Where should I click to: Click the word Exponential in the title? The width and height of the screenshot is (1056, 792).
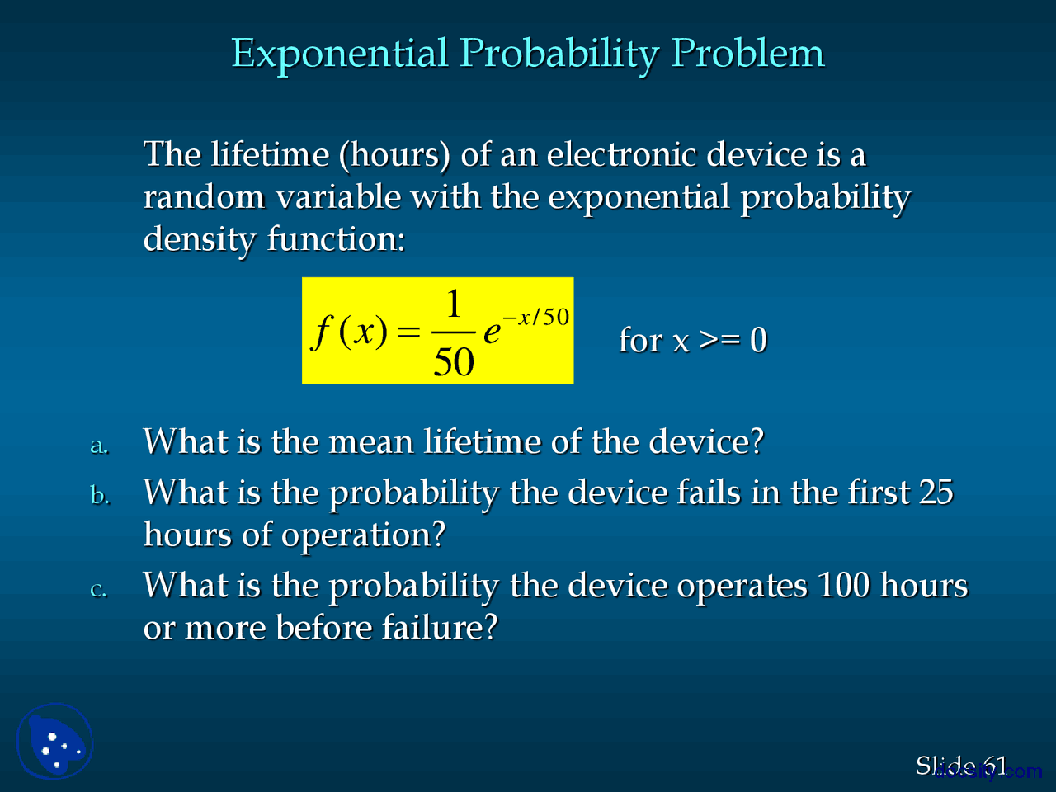click(x=339, y=54)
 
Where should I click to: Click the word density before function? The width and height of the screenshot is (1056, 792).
click(x=200, y=239)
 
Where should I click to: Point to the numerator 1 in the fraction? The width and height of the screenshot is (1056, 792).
click(x=453, y=304)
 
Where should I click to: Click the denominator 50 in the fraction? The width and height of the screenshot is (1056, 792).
click(x=454, y=361)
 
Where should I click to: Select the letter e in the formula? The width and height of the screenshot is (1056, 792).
click(x=492, y=332)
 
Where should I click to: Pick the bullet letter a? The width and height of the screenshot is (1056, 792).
click(x=98, y=445)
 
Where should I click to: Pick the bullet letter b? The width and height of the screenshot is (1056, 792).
click(x=99, y=495)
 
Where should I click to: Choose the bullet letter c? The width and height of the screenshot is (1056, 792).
click(x=98, y=589)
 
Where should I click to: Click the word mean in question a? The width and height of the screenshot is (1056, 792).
click(x=370, y=442)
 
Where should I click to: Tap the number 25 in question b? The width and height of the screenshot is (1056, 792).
click(x=936, y=493)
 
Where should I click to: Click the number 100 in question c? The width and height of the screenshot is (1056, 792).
click(x=843, y=586)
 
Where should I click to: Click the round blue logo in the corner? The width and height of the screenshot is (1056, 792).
click(x=55, y=741)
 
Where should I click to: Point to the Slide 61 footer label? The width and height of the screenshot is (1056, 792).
click(x=961, y=766)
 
